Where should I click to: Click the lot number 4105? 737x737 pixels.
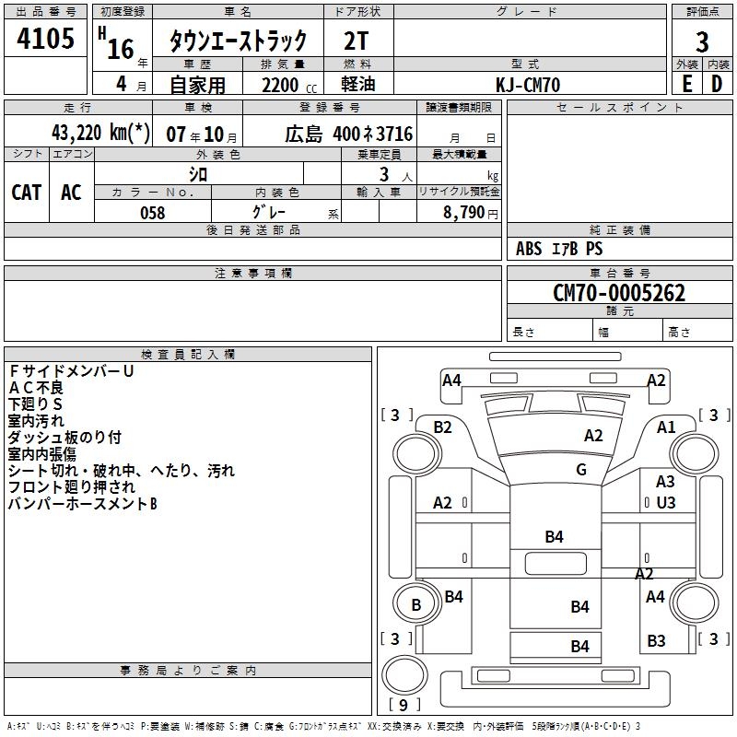tap(46, 41)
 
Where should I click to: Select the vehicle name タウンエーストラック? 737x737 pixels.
tap(238, 41)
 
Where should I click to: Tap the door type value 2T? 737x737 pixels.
tap(358, 41)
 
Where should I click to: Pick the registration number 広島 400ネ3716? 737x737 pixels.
tap(348, 134)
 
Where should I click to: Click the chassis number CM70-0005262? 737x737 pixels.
tap(618, 293)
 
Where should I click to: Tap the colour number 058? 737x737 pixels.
tap(152, 213)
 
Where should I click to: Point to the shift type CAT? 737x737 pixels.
tap(27, 193)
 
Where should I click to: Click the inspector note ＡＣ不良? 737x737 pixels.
tap(37, 387)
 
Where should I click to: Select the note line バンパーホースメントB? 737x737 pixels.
tap(83, 504)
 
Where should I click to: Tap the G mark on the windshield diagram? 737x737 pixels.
tap(581, 470)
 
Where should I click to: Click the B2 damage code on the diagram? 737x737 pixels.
tap(443, 427)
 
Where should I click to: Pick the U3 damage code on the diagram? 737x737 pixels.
tap(666, 503)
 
